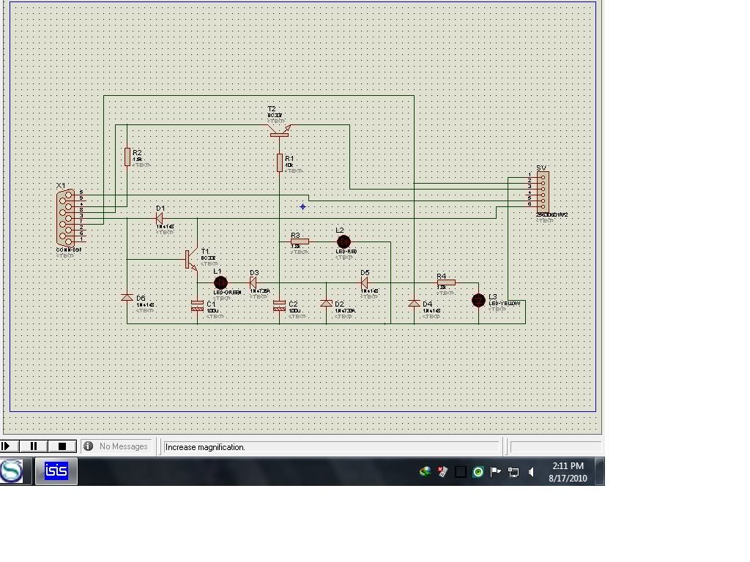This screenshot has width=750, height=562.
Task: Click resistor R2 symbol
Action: (127, 157)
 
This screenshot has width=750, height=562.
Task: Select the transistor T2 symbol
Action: (279, 132)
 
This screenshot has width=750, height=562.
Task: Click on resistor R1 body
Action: (280, 162)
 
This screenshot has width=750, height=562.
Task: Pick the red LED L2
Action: (343, 241)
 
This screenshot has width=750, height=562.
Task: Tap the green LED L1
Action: (220, 282)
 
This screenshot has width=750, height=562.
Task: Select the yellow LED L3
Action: (478, 300)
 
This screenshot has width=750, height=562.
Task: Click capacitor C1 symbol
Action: (197, 307)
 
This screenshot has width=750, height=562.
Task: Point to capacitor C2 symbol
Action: (279, 307)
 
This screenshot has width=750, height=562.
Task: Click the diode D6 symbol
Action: (127, 298)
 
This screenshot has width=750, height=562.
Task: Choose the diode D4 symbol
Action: (414, 303)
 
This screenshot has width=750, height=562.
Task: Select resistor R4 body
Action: (446, 282)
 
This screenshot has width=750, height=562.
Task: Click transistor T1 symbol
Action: (190, 259)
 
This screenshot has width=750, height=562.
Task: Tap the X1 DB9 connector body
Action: (67, 217)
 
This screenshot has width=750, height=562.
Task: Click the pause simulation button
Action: (34, 446)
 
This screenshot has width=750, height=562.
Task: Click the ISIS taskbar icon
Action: (56, 471)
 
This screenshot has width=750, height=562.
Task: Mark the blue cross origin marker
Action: (302, 206)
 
